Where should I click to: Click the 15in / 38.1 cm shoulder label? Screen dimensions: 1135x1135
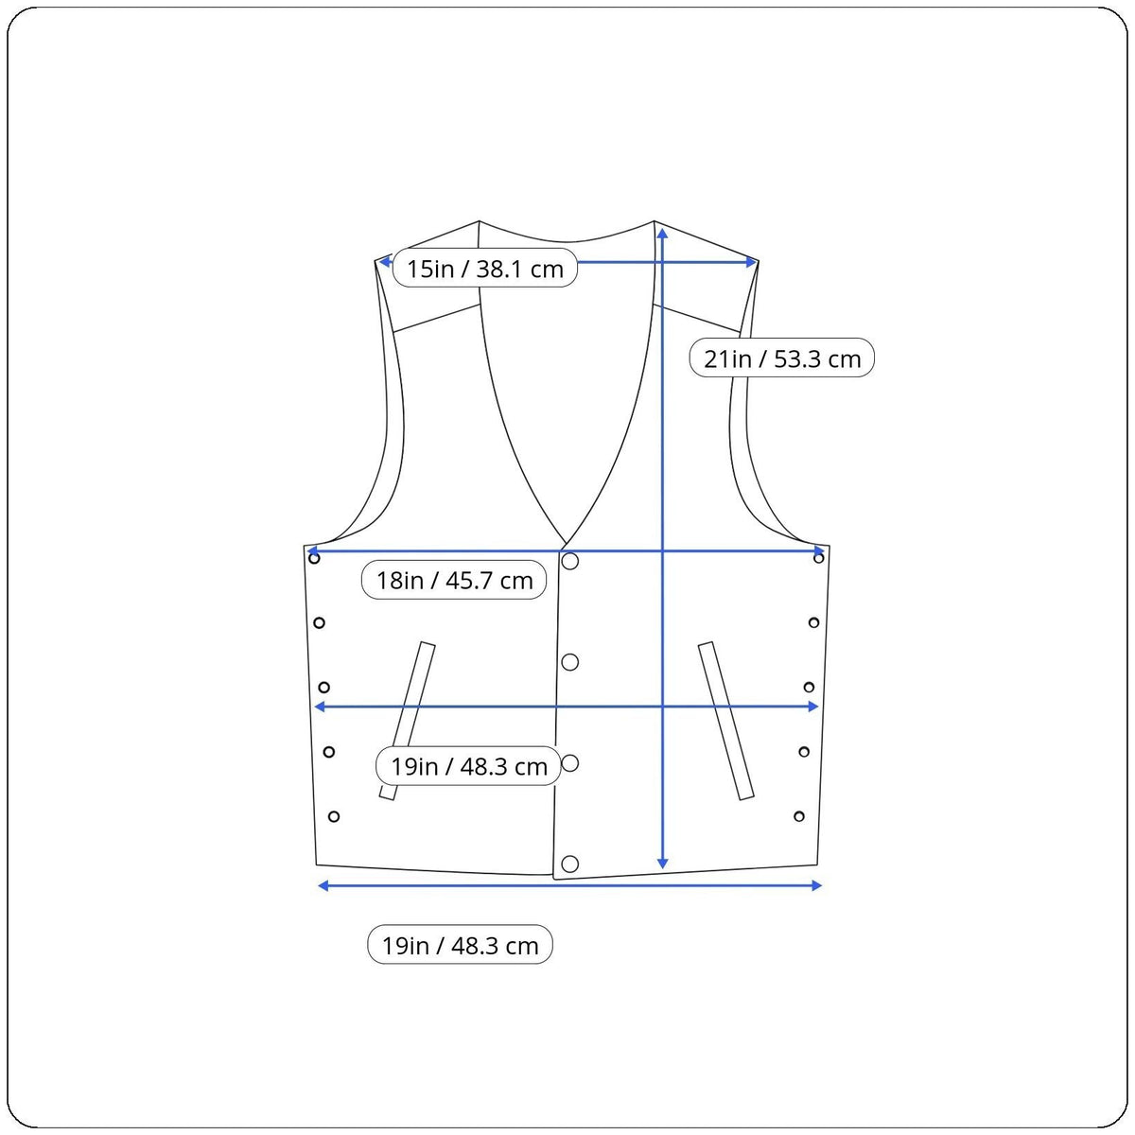(x=485, y=268)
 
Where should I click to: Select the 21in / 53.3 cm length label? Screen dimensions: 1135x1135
(x=781, y=358)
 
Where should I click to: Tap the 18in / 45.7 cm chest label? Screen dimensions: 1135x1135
(x=454, y=580)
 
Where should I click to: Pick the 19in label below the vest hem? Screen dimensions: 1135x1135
(x=460, y=946)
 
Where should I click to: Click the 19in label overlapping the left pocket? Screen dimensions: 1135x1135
(x=468, y=766)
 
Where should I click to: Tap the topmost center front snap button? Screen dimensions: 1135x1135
(x=569, y=561)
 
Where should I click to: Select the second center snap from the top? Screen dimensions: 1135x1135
(x=569, y=662)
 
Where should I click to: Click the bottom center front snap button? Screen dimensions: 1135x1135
(x=569, y=864)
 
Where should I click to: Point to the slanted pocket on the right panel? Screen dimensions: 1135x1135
(x=725, y=721)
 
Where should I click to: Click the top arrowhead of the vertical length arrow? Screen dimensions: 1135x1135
(x=663, y=234)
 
